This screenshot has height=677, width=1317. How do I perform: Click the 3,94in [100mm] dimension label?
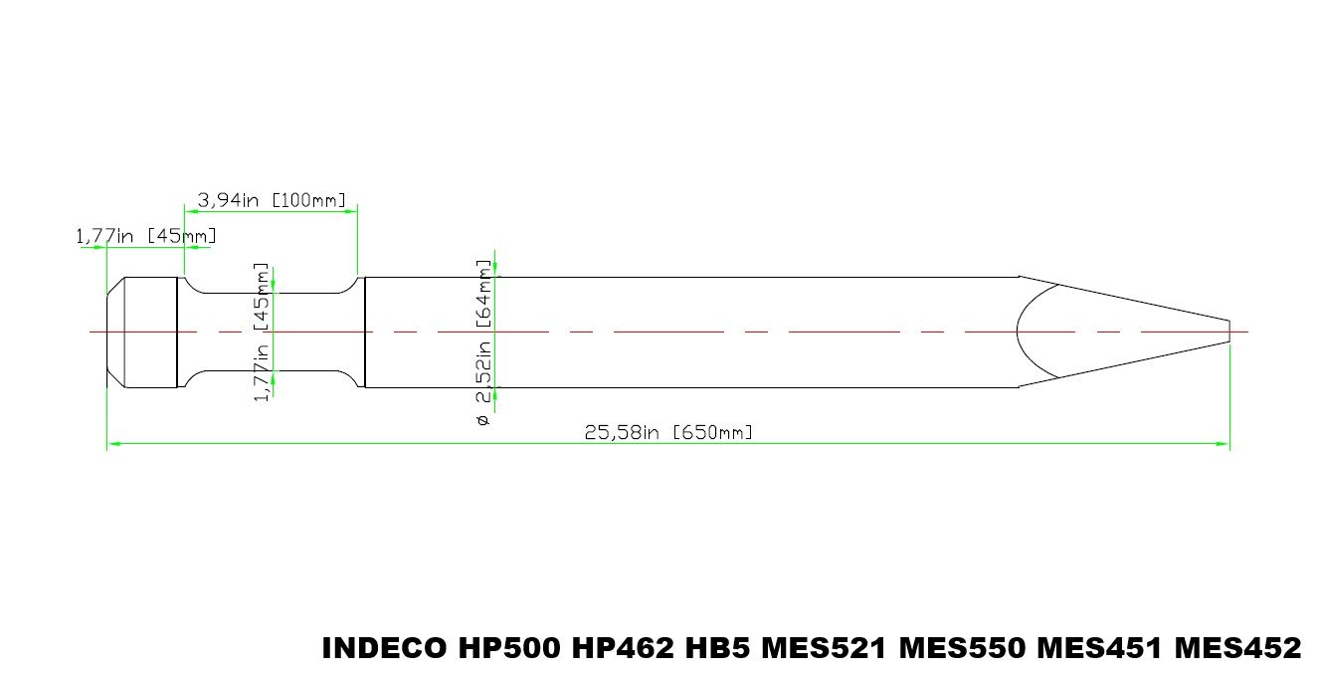click(272, 200)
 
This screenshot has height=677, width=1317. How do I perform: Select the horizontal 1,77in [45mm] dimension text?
click(146, 236)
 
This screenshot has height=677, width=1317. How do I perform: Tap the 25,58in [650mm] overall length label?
click(668, 433)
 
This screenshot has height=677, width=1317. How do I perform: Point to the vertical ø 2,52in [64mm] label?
click(482, 342)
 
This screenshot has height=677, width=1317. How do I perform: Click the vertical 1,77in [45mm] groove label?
click(261, 332)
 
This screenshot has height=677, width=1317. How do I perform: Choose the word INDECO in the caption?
click(385, 648)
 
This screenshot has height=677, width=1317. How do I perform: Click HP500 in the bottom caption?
click(509, 648)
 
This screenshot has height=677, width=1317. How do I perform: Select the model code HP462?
click(624, 648)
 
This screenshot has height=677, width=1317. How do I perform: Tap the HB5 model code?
click(718, 648)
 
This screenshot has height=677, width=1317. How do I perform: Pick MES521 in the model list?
click(825, 648)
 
